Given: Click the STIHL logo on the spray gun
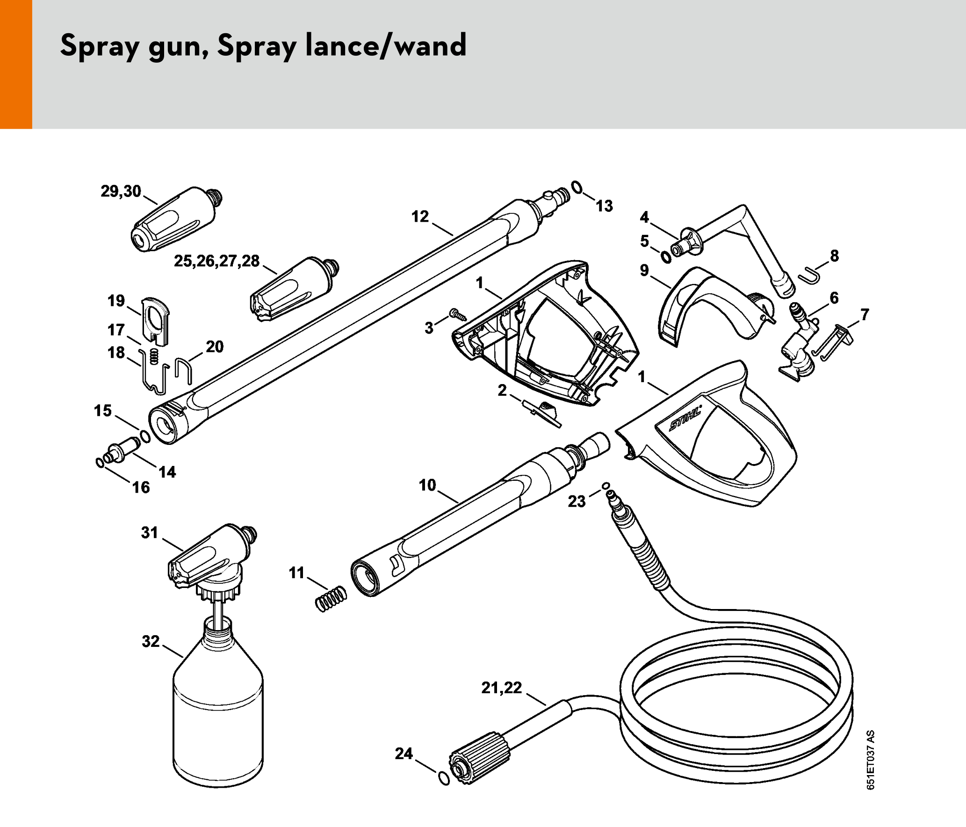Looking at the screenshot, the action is (685, 418).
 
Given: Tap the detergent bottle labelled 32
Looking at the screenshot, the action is (218, 701).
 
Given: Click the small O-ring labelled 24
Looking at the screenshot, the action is (444, 778).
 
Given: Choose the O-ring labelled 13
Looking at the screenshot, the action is (577, 187).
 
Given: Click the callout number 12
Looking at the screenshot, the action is (420, 217).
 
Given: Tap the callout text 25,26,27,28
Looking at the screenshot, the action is (216, 261).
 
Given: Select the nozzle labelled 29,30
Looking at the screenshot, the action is (176, 219).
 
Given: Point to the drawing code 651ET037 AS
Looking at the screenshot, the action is (870, 760).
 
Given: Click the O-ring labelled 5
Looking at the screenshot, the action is (666, 256).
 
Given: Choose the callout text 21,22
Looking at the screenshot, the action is (502, 688).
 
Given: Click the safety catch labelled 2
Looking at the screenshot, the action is (541, 413).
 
